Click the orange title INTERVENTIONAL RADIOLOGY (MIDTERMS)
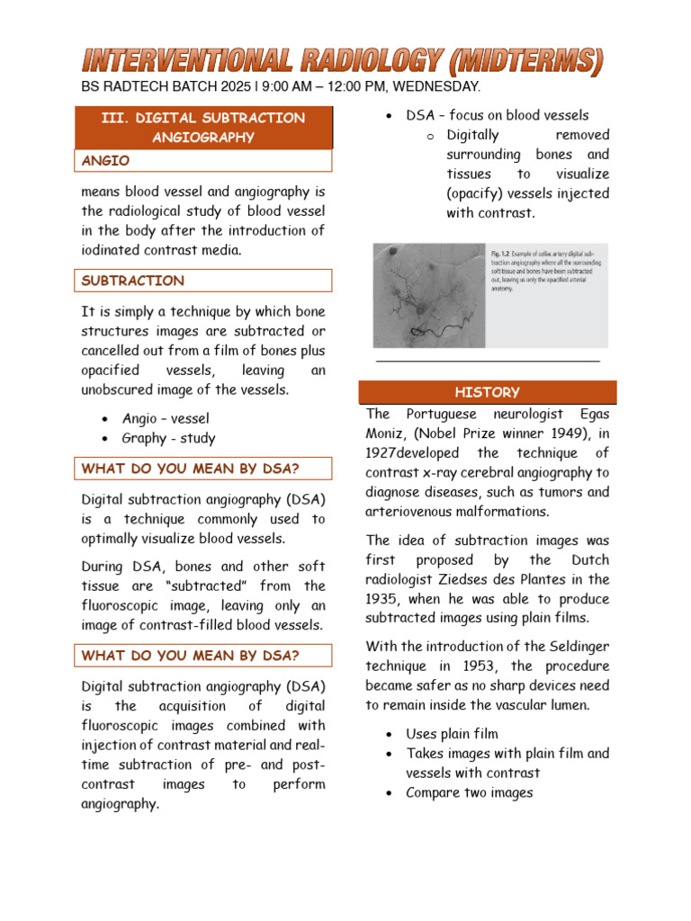[x=343, y=61]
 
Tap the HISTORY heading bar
[x=488, y=392]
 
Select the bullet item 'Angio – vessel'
[x=166, y=418]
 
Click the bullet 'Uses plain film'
[x=452, y=734]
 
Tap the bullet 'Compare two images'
[x=469, y=792]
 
